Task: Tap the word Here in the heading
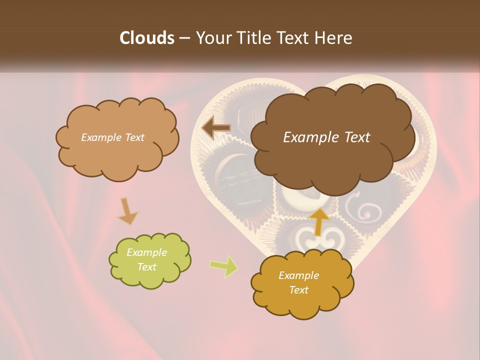click(x=334, y=38)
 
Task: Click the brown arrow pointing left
click(x=215, y=128)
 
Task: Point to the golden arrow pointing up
click(x=318, y=220)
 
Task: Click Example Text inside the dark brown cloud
click(x=326, y=137)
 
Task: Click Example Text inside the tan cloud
click(x=113, y=137)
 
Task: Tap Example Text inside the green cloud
click(x=147, y=260)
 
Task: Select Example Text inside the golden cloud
click(x=298, y=282)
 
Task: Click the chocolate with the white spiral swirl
click(x=367, y=210)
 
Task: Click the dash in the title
click(x=184, y=38)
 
